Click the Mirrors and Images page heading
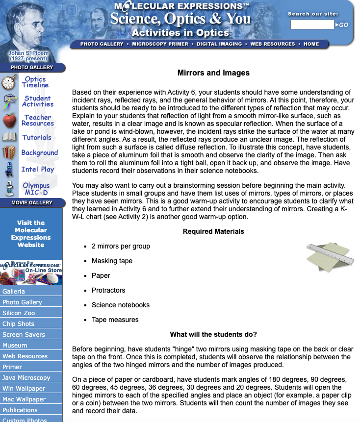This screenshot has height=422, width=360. [213, 73]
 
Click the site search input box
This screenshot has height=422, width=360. [312, 25]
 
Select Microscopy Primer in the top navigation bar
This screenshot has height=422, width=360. [160, 44]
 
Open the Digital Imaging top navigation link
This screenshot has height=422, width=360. [219, 44]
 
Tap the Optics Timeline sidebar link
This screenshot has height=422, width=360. [35, 82]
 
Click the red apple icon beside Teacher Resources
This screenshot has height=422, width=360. [9, 120]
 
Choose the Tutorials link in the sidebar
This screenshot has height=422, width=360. [37, 138]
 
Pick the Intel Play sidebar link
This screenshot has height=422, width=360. [38, 169]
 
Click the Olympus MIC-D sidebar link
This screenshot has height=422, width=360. [36, 189]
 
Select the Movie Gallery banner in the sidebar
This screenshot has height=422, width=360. [32, 202]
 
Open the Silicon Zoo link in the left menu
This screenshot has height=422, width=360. [19, 313]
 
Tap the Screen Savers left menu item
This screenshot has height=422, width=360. [24, 335]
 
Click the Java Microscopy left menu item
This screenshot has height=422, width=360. [26, 378]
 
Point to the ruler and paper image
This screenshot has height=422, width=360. [330, 256]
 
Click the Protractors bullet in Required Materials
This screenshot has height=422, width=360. [108, 290]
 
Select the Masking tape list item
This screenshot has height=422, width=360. [112, 261]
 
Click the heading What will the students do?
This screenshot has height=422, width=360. [213, 334]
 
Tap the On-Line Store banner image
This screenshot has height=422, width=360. [31, 273]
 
